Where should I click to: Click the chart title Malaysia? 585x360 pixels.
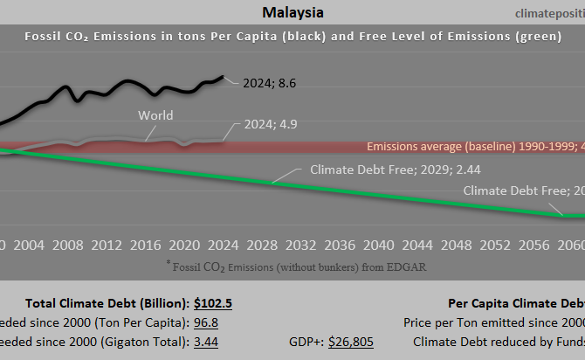click(x=292, y=13)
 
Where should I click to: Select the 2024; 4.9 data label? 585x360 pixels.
click(x=266, y=125)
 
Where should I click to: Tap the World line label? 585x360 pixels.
click(x=155, y=115)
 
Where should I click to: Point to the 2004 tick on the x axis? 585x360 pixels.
click(x=30, y=244)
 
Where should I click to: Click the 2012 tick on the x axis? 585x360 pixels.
click(x=107, y=244)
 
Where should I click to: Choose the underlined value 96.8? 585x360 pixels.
click(x=207, y=322)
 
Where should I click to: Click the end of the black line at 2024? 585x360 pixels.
click(x=223, y=77)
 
